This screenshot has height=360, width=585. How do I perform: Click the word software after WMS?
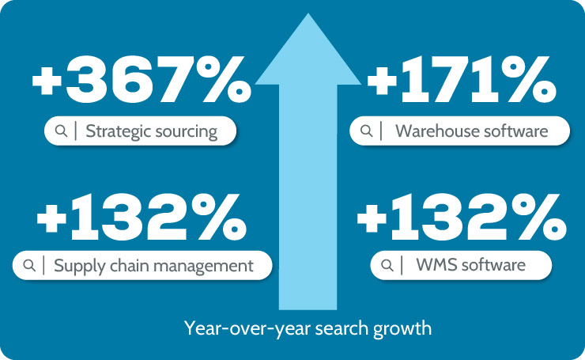tap(493, 264)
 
